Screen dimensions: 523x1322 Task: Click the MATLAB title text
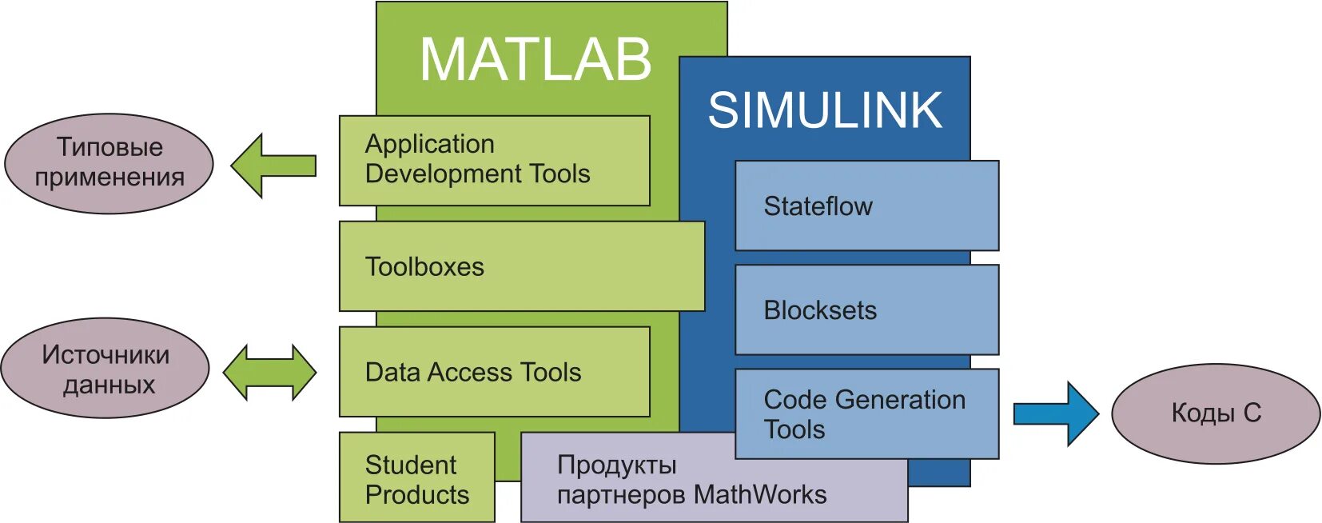tap(536, 60)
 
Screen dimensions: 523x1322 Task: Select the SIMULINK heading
tap(825, 110)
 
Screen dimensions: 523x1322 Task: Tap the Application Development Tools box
tap(494, 160)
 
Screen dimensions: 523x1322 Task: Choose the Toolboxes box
tap(521, 266)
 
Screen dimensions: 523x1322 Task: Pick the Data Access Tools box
tap(494, 372)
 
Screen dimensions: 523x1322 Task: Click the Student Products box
tap(416, 478)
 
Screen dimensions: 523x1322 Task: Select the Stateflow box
tap(866, 206)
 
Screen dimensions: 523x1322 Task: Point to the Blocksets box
tap(866, 309)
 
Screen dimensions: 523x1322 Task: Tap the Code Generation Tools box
tap(866, 413)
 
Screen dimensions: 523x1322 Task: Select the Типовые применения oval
tap(109, 163)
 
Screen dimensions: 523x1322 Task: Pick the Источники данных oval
tap(106, 369)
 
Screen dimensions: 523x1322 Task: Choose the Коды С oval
tap(1215, 413)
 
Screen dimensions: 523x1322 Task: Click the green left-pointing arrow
tap(273, 166)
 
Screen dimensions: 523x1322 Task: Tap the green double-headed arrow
tap(269, 373)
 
